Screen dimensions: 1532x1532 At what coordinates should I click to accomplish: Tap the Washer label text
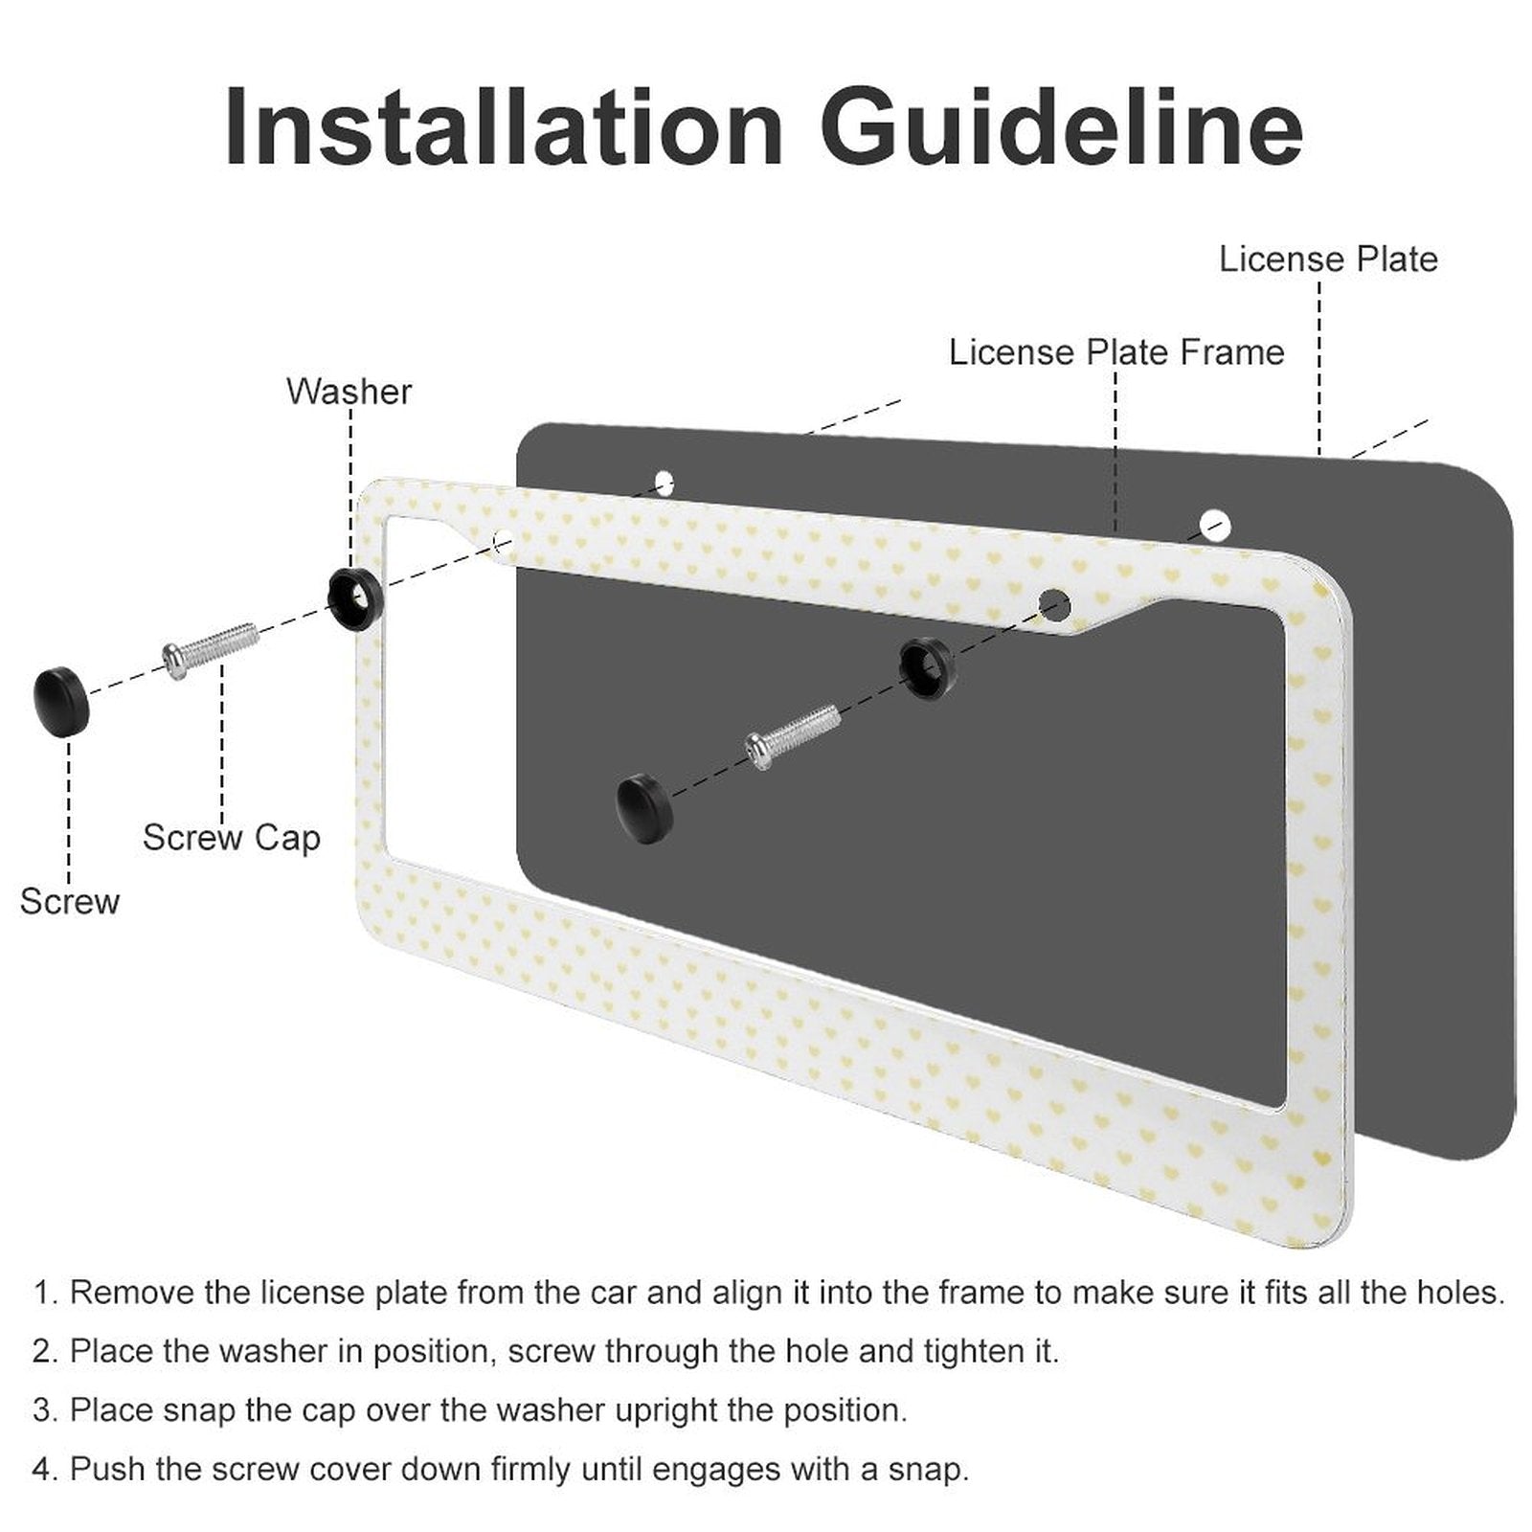point(349,392)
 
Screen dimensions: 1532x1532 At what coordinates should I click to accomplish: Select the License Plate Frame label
point(1115,352)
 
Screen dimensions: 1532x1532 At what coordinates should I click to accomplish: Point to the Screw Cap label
point(231,838)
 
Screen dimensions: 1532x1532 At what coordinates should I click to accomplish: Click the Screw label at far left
point(69,901)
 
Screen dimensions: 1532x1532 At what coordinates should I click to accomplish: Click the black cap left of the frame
point(60,701)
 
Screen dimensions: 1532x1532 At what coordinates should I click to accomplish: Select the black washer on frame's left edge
point(355,598)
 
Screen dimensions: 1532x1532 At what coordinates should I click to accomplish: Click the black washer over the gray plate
point(927,666)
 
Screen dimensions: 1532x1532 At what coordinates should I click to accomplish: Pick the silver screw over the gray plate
point(793,735)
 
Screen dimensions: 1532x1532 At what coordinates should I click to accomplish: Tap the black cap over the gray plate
point(644,810)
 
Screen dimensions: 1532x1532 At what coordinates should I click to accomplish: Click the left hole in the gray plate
point(664,483)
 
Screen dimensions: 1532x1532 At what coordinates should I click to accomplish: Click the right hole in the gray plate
point(1214,524)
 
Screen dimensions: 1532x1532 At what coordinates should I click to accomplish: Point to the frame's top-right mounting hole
point(1054,603)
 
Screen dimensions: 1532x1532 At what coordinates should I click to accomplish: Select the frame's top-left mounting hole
point(503,543)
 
